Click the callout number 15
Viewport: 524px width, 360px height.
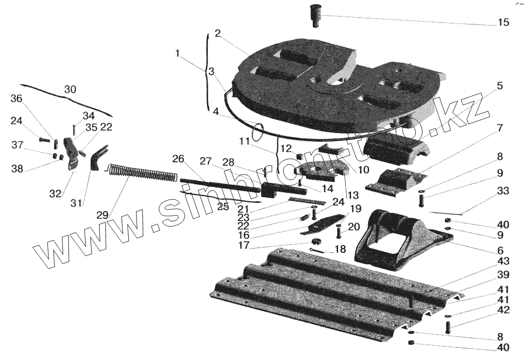pos(502,22)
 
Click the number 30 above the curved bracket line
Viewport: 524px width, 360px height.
pos(70,90)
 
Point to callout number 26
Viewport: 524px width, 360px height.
pos(178,159)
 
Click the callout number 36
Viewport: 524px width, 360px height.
pos(17,99)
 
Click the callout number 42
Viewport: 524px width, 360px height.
pos(502,310)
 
